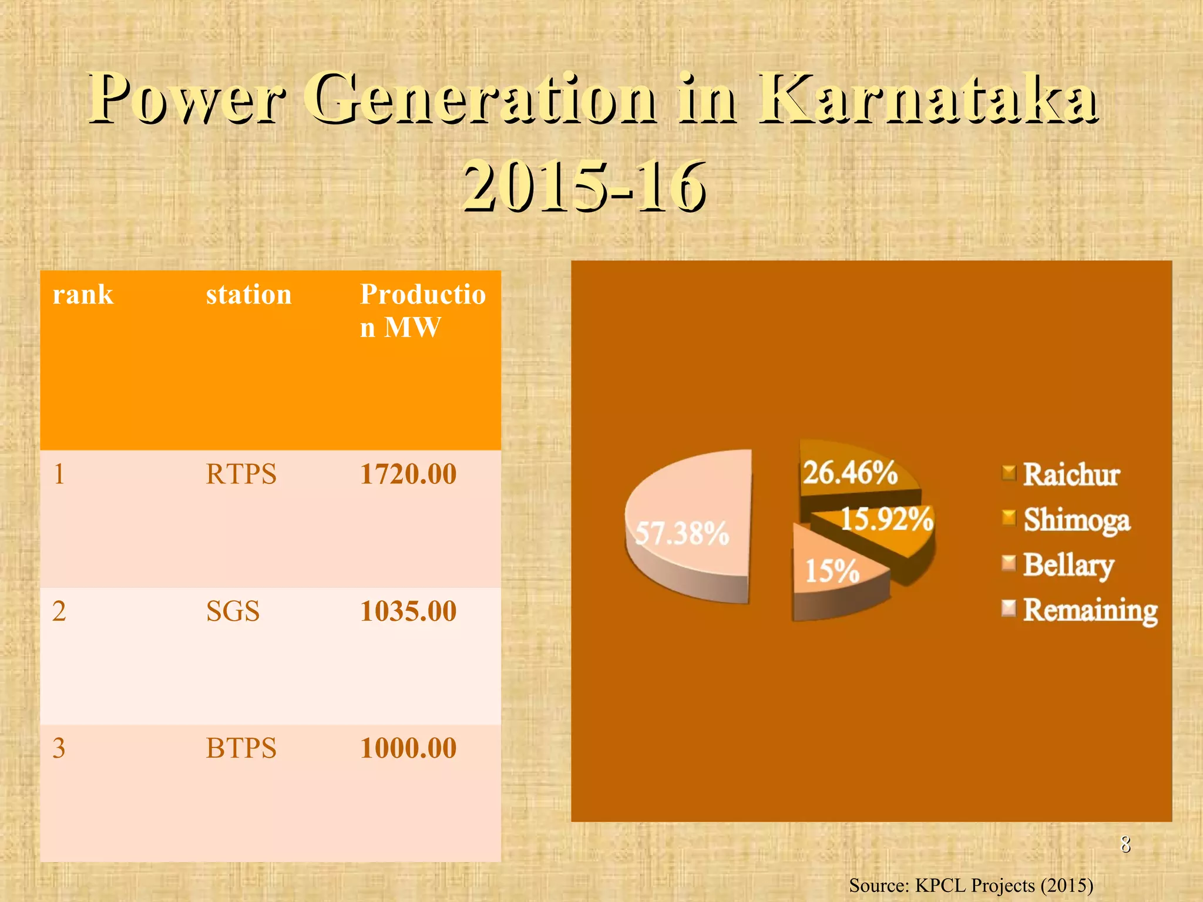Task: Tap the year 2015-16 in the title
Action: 584,187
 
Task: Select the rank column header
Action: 83,294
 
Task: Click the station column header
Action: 248,294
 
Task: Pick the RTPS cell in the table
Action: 241,474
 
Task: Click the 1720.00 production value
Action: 408,474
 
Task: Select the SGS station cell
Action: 233,611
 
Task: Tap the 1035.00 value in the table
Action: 408,611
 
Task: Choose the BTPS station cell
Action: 241,748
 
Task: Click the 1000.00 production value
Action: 408,748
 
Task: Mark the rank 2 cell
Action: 59,611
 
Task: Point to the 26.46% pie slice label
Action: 850,473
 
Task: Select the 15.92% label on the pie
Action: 887,519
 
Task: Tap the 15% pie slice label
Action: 832,571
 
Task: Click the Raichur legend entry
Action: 1071,474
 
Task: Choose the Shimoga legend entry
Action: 1076,520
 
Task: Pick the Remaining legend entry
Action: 1090,610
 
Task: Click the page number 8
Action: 1125,844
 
